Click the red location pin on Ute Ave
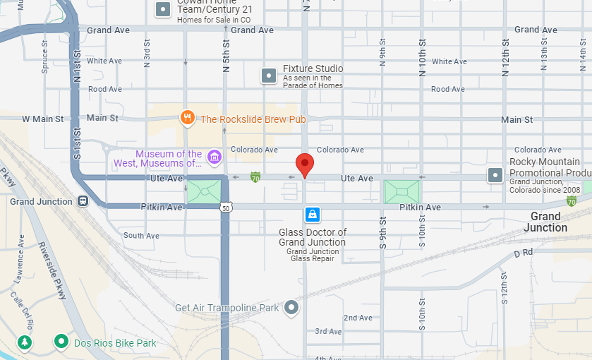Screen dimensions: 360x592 (304, 164)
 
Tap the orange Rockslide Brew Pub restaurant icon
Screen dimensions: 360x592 (187, 119)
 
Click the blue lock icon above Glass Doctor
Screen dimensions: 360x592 (312, 213)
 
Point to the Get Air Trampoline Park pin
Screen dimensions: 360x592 (291, 307)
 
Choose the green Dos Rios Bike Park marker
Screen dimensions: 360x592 (62, 343)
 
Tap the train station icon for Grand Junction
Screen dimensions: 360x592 (83, 201)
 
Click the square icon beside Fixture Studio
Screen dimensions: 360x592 (268, 76)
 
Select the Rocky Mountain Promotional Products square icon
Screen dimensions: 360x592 (496, 174)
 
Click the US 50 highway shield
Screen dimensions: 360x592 (226, 208)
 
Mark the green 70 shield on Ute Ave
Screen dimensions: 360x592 (255, 177)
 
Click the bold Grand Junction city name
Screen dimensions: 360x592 (545, 222)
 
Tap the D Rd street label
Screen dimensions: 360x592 (522, 253)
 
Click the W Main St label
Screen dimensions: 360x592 (42, 119)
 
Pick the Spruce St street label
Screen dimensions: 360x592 (44, 57)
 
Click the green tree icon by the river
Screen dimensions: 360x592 (25, 343)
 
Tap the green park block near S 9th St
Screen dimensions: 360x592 (401, 192)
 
